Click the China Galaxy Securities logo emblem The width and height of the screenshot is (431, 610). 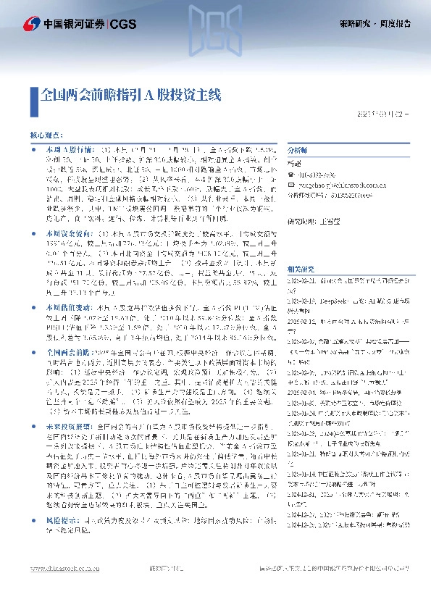(32, 24)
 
